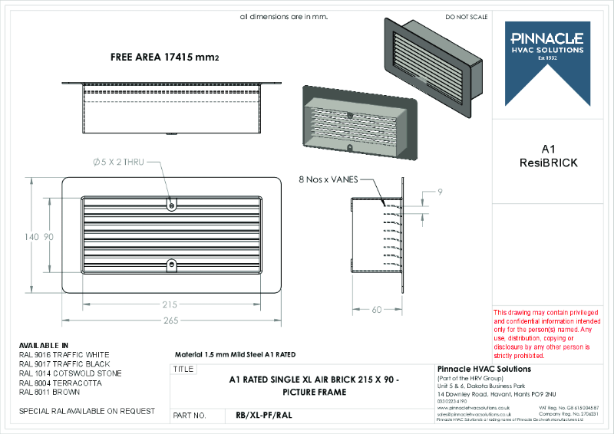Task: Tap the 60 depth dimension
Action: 377,309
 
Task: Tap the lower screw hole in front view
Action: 170,265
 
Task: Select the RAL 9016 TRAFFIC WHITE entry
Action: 64,354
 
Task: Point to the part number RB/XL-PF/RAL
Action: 263,416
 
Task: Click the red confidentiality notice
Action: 546,334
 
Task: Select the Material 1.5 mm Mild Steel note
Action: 236,354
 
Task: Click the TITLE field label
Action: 184,369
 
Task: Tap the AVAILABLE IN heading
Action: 44,345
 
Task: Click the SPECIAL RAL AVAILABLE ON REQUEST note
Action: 86,411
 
